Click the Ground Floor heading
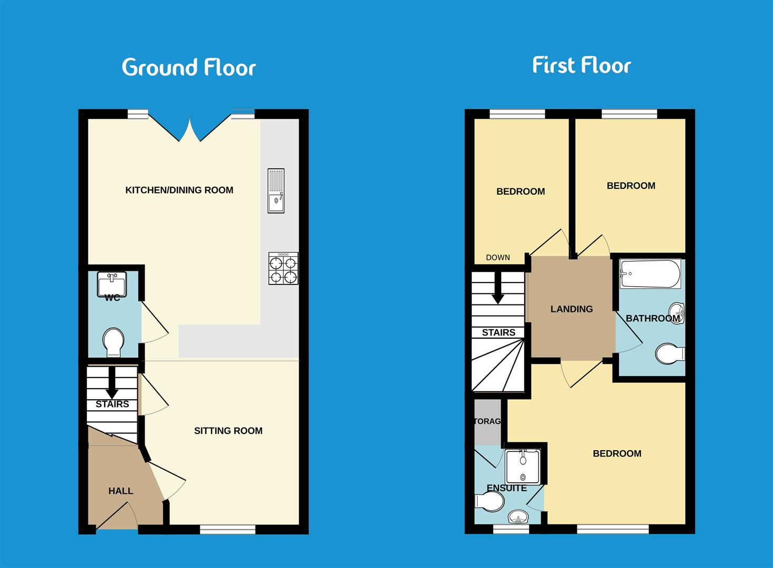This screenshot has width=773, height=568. [189, 67]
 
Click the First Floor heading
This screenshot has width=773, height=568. [581, 65]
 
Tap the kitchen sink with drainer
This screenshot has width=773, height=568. [276, 190]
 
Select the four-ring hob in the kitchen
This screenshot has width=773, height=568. [283, 269]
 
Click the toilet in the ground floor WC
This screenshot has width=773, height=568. [113, 342]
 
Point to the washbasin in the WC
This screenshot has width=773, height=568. [112, 283]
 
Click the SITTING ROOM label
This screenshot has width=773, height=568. [228, 431]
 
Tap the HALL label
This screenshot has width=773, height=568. [120, 491]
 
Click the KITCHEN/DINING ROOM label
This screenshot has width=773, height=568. [179, 190]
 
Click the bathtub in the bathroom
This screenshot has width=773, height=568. [650, 273]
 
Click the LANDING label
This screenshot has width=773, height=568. [572, 309]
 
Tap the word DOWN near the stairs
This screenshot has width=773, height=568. [498, 257]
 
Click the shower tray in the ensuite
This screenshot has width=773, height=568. [523, 466]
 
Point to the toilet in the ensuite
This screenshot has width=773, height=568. [489, 502]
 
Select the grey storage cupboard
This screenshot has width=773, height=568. [487, 422]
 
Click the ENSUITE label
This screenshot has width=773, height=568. [506, 488]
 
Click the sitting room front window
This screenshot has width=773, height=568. [228, 529]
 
